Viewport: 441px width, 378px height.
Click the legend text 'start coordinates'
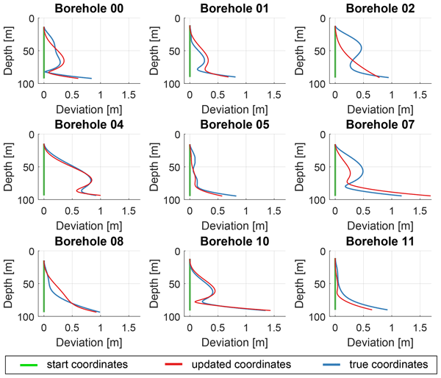(86, 364)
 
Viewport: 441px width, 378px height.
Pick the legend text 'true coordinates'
(384, 364)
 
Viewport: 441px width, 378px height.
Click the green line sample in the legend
(27, 364)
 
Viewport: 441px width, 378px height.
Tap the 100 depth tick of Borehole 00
(26, 85)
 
